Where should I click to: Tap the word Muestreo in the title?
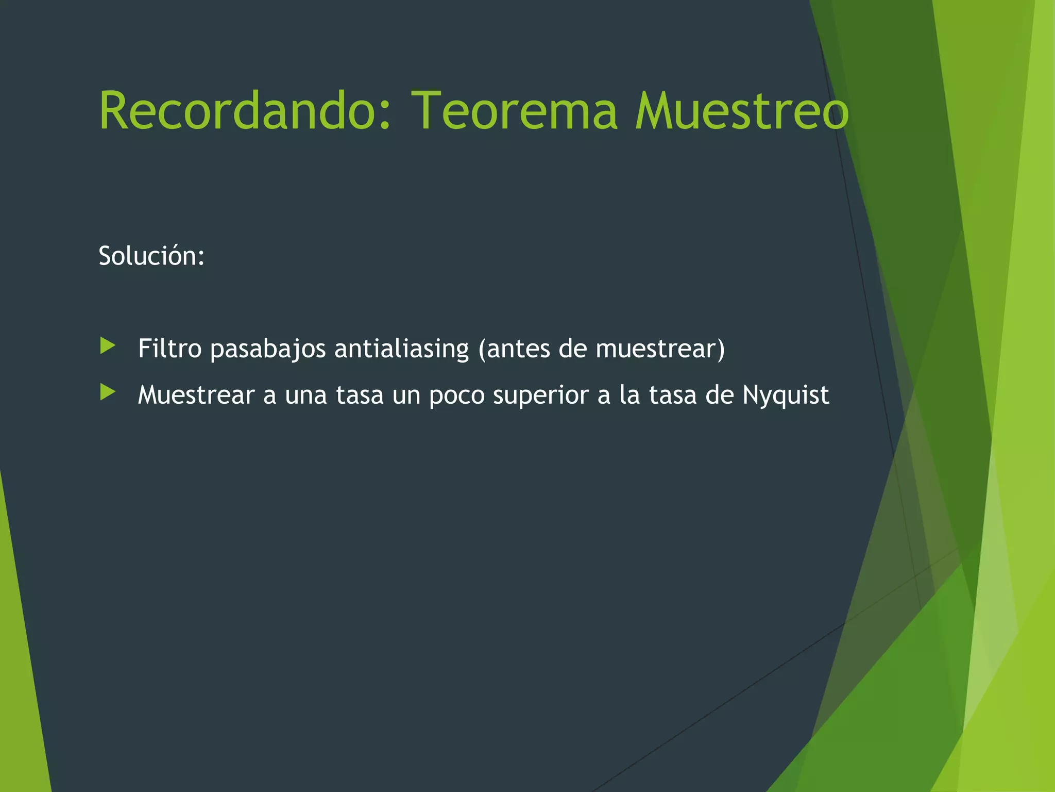(x=741, y=110)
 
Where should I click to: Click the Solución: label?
(x=151, y=256)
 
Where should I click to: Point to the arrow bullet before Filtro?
(x=108, y=345)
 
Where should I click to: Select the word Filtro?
(x=169, y=348)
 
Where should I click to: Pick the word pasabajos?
(x=268, y=349)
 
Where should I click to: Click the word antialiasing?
(x=401, y=349)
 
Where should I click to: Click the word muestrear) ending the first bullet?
(x=660, y=349)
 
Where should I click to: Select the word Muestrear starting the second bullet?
(x=196, y=395)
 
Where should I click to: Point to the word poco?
(x=456, y=395)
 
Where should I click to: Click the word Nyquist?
(x=786, y=395)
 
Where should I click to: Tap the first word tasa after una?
(x=360, y=395)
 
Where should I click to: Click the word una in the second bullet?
(x=305, y=395)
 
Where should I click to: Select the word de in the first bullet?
(x=573, y=349)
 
